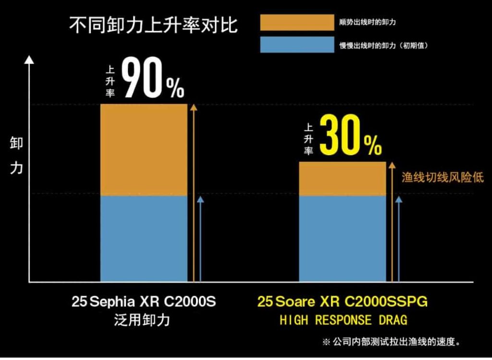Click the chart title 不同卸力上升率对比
153,25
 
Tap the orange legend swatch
296,23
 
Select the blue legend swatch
296,45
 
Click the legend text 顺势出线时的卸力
368,23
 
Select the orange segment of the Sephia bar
143,150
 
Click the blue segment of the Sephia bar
143,238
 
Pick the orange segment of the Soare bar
342,179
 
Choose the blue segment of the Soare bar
342,238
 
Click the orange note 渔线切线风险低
443,178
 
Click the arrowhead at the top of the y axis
29,60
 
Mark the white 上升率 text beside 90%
110,80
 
